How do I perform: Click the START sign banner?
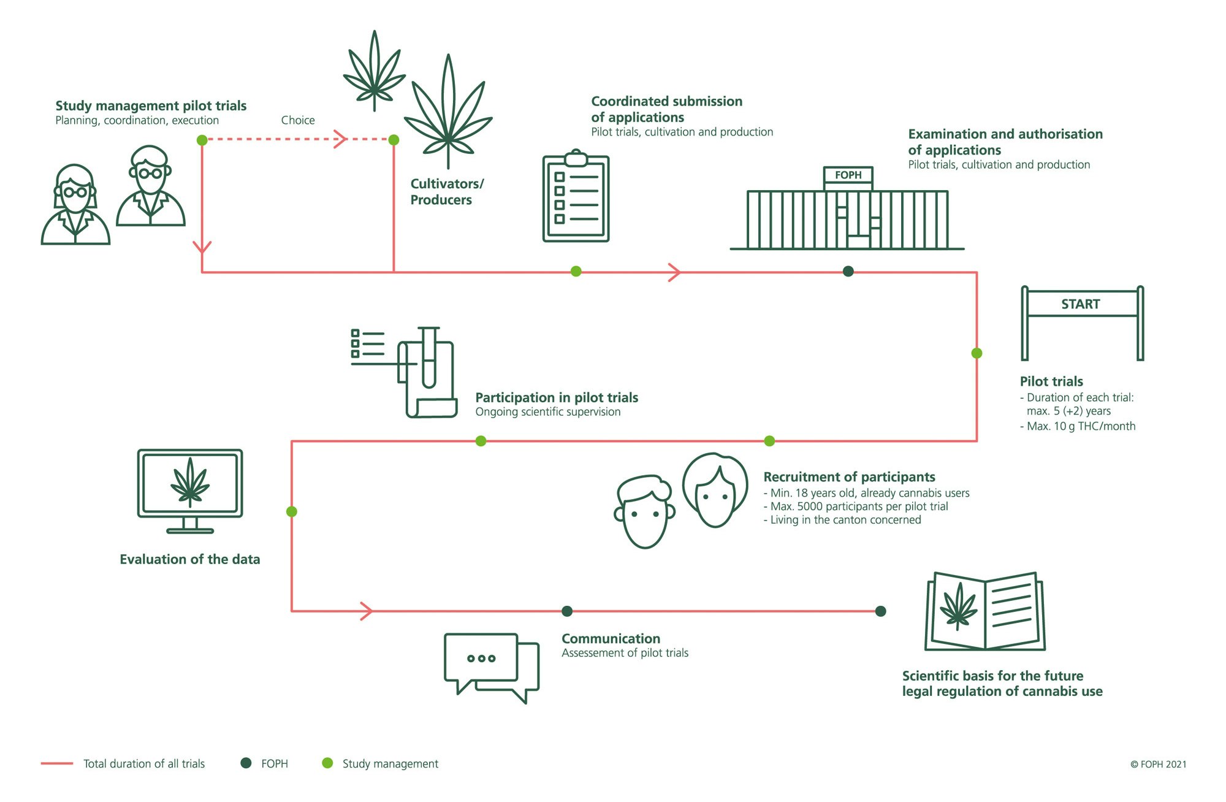pyautogui.click(x=1081, y=304)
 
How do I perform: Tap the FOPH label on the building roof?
pyautogui.click(x=848, y=175)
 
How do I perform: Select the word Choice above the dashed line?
pyautogui.click(x=298, y=120)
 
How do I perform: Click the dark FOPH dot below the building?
pyautogui.click(x=848, y=271)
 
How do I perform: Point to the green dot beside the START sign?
pyautogui.click(x=977, y=353)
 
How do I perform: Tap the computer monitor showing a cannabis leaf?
pyautogui.click(x=190, y=484)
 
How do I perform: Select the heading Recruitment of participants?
pyautogui.click(x=849, y=477)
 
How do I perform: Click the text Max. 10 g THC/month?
pyautogui.click(x=1081, y=426)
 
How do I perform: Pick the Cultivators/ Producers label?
pyautogui.click(x=446, y=191)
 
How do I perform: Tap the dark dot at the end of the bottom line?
pyautogui.click(x=880, y=611)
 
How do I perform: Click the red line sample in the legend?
pyautogui.click(x=57, y=763)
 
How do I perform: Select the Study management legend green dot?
pyautogui.click(x=327, y=763)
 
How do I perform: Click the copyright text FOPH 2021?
pyautogui.click(x=1158, y=764)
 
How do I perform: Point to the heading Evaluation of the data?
pyautogui.click(x=189, y=559)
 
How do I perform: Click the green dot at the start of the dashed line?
pyautogui.click(x=202, y=140)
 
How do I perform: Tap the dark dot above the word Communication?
pyautogui.click(x=567, y=611)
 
